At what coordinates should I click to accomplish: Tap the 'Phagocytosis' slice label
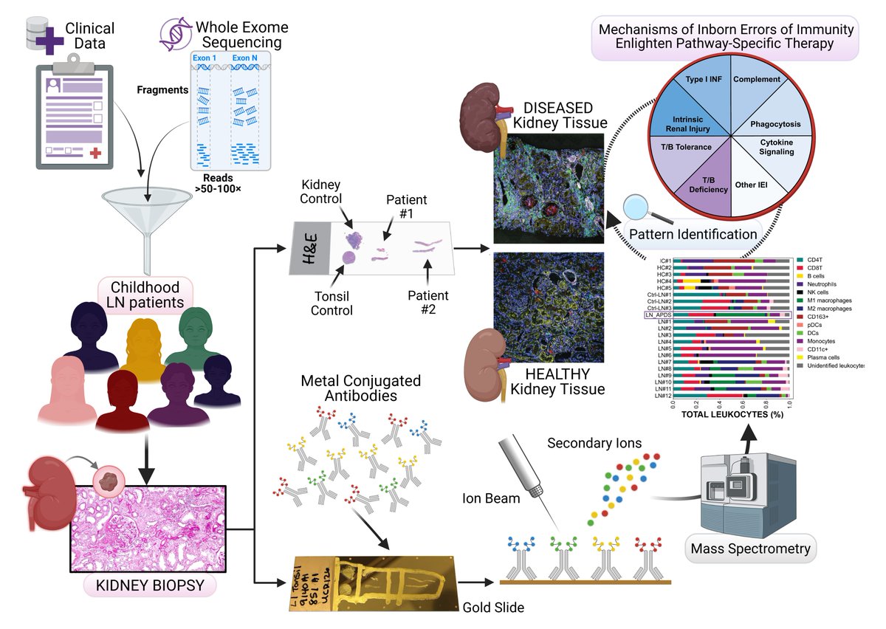click(x=775, y=123)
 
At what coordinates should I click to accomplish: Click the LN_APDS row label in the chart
click(x=658, y=315)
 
